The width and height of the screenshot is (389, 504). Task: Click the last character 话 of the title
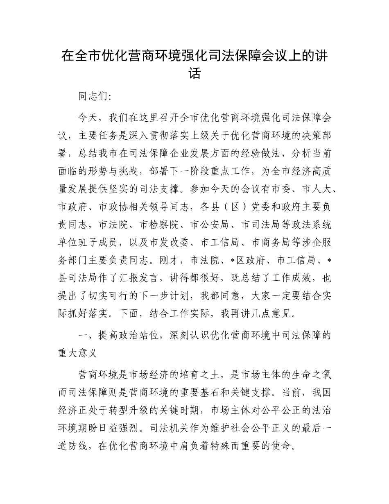(x=194, y=74)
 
